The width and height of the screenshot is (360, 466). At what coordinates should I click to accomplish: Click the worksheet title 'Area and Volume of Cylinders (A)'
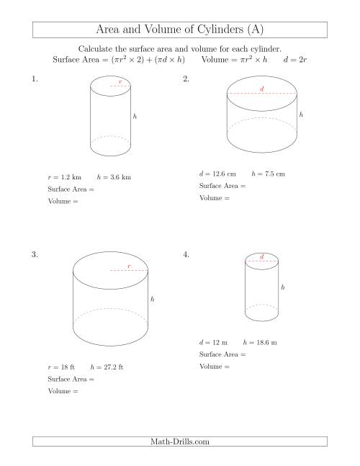(180, 30)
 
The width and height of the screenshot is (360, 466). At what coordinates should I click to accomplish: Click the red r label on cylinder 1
(120, 82)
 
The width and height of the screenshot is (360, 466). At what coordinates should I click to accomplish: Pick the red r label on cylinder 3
(129, 266)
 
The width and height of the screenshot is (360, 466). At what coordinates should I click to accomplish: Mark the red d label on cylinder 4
(261, 256)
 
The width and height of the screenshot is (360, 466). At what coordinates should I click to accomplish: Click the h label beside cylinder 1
(135, 115)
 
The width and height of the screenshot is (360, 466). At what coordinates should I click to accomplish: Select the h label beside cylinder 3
(152, 299)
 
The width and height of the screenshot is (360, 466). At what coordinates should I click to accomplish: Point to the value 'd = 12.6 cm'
(217, 174)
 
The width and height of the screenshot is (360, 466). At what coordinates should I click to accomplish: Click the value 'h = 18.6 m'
(261, 342)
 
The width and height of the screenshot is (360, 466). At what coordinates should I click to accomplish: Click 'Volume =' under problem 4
(214, 367)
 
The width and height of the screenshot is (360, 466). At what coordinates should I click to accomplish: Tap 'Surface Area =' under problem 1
(71, 189)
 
